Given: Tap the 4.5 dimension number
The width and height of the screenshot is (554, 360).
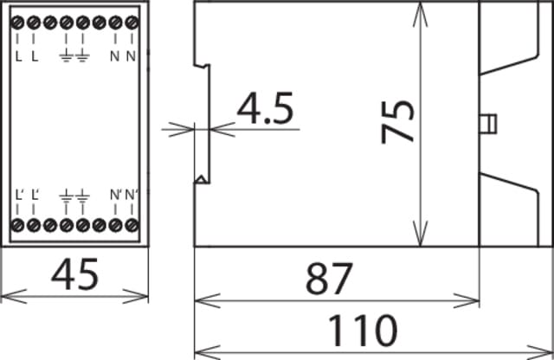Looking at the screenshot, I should pos(266,110).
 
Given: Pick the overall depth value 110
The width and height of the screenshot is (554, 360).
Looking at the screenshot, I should pos(362,331).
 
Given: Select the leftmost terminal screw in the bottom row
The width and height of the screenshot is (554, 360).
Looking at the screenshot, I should pos(17,226).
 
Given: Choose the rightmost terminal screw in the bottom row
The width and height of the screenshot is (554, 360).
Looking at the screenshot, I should pos(131,226).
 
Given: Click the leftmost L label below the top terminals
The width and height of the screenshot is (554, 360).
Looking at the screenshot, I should pos(19,57).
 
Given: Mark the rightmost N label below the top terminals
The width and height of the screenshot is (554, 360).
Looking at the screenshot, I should pos(130,57).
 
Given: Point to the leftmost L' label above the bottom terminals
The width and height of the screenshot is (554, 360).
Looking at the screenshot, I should pos(20,195).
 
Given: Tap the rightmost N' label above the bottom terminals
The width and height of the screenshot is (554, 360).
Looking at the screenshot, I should pos(131,195).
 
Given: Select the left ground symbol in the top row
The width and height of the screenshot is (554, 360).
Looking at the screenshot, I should pos(67,57).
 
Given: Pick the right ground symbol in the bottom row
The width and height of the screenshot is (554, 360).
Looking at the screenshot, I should pos(83,196).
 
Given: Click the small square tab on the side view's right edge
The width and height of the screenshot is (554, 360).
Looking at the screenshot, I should pos(491,123).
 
